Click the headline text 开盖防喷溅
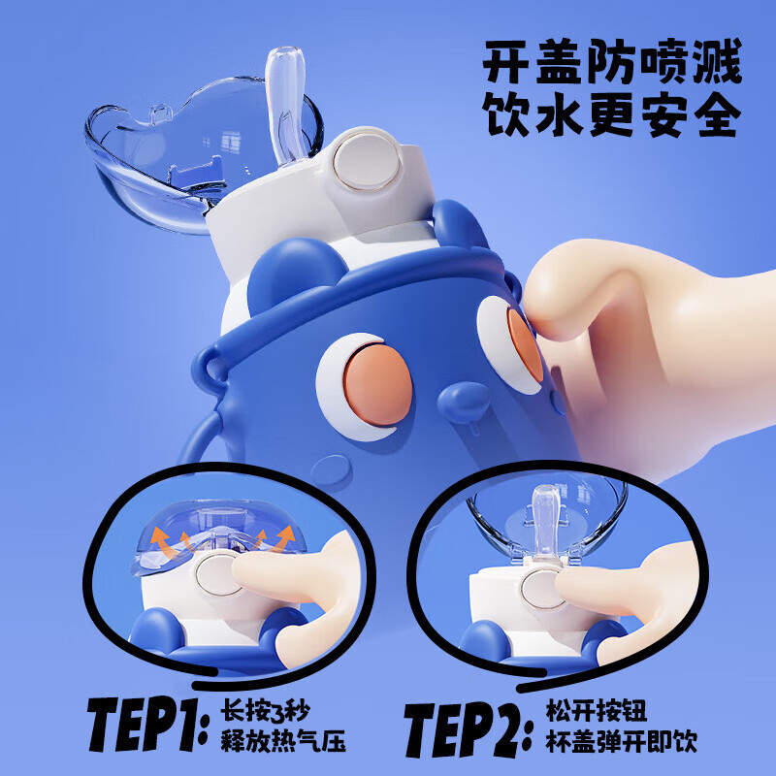click(612, 61)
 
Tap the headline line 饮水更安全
click(612, 113)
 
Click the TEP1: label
click(148, 724)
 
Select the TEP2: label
click(469, 729)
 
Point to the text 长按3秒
click(265, 711)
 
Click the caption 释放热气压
click(283, 741)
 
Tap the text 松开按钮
click(597, 711)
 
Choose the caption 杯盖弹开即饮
click(622, 741)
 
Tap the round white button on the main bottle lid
click(367, 162)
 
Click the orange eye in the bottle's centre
click(377, 384)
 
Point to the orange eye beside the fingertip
click(525, 344)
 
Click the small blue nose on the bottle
click(464, 403)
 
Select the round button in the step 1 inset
click(220, 574)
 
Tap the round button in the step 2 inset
click(541, 589)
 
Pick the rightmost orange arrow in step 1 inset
click(283, 539)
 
